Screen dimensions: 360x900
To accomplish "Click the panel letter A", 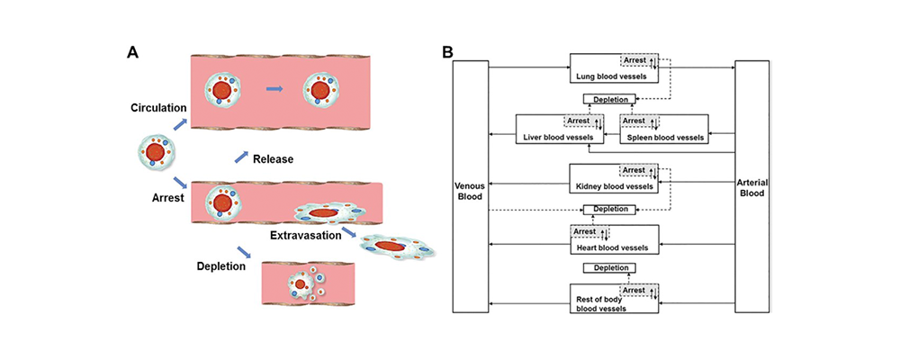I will coord(132,52).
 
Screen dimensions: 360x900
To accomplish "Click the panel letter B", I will coord(447,52).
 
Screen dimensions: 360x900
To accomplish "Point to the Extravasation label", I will coord(303,236).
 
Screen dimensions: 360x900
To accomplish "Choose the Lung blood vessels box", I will coord(615,68).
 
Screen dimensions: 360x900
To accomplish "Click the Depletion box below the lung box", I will coord(609,99).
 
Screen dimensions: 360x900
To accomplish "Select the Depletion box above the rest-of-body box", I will coord(609,267).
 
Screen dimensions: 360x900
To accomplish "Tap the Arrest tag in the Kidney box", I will coord(635,170).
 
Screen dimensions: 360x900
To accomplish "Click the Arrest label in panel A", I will coord(169,196).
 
